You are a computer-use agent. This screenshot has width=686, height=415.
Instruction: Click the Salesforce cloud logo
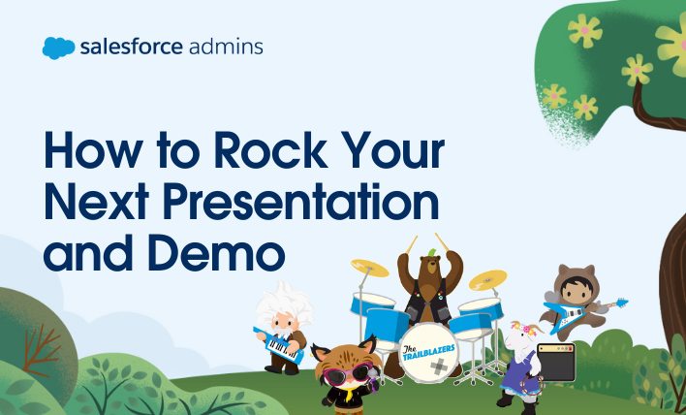59,48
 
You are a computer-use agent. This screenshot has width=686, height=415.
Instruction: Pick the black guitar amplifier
555,362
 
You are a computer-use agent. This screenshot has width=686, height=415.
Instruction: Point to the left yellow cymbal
369,268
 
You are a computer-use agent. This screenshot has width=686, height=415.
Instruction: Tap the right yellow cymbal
487,280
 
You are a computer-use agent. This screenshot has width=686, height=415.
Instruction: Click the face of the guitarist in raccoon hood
576,289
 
